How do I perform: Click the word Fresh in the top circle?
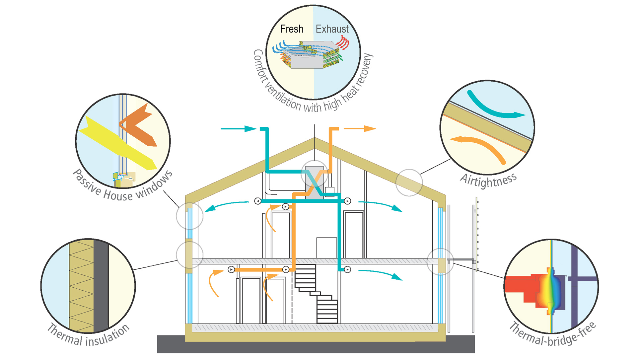click(292, 29)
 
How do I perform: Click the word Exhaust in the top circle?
click(332, 29)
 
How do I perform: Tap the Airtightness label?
click(488, 180)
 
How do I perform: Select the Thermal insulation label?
click(88, 335)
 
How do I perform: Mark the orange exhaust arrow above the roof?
click(360, 128)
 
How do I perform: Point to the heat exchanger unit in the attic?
click(314, 182)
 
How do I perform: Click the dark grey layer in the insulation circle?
click(101, 285)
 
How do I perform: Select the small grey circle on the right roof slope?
click(409, 182)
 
